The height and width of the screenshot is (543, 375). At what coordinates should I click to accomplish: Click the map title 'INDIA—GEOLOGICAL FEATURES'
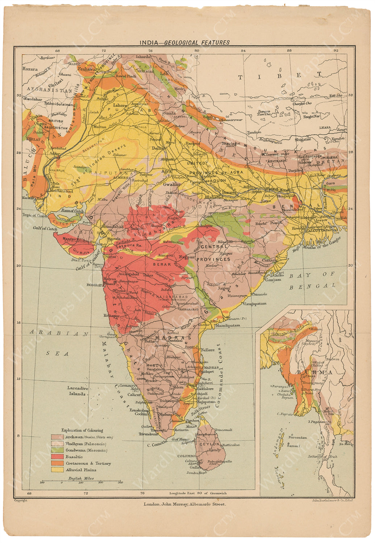click(185, 42)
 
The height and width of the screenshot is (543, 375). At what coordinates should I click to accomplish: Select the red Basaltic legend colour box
click(57, 457)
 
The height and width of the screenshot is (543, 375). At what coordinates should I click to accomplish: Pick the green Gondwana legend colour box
click(57, 450)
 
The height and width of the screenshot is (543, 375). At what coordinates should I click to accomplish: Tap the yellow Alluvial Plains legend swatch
click(57, 470)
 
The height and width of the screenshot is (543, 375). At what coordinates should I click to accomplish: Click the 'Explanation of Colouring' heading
click(82, 430)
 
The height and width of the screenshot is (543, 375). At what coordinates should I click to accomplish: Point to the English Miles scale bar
click(81, 482)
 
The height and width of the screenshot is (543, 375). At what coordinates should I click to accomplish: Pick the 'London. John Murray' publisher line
click(184, 504)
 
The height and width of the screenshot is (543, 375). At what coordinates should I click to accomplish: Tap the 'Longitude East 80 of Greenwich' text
click(198, 493)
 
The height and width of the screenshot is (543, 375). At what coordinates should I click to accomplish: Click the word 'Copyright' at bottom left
click(21, 500)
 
